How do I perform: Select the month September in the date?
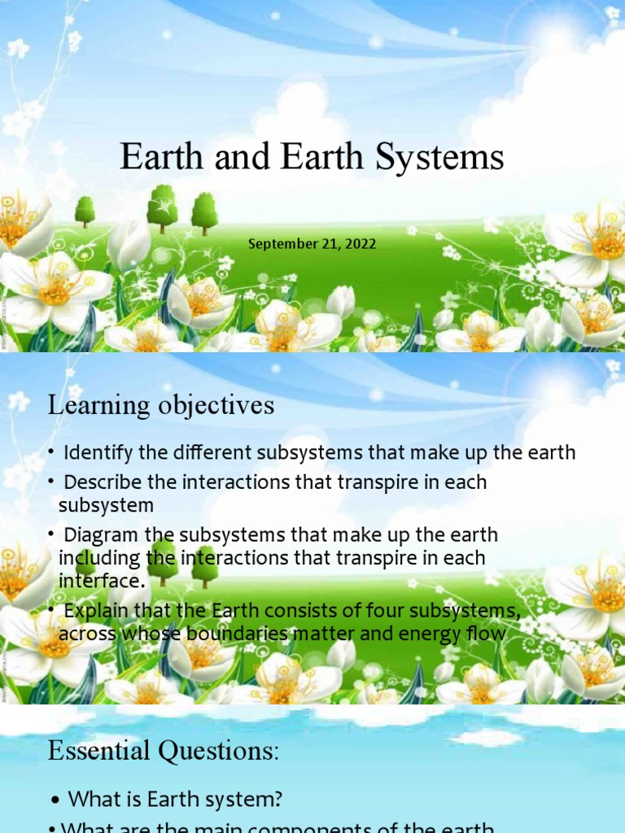point(282,243)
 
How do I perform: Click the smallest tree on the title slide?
point(85,211)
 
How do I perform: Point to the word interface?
point(101,581)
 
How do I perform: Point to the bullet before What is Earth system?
point(54,800)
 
